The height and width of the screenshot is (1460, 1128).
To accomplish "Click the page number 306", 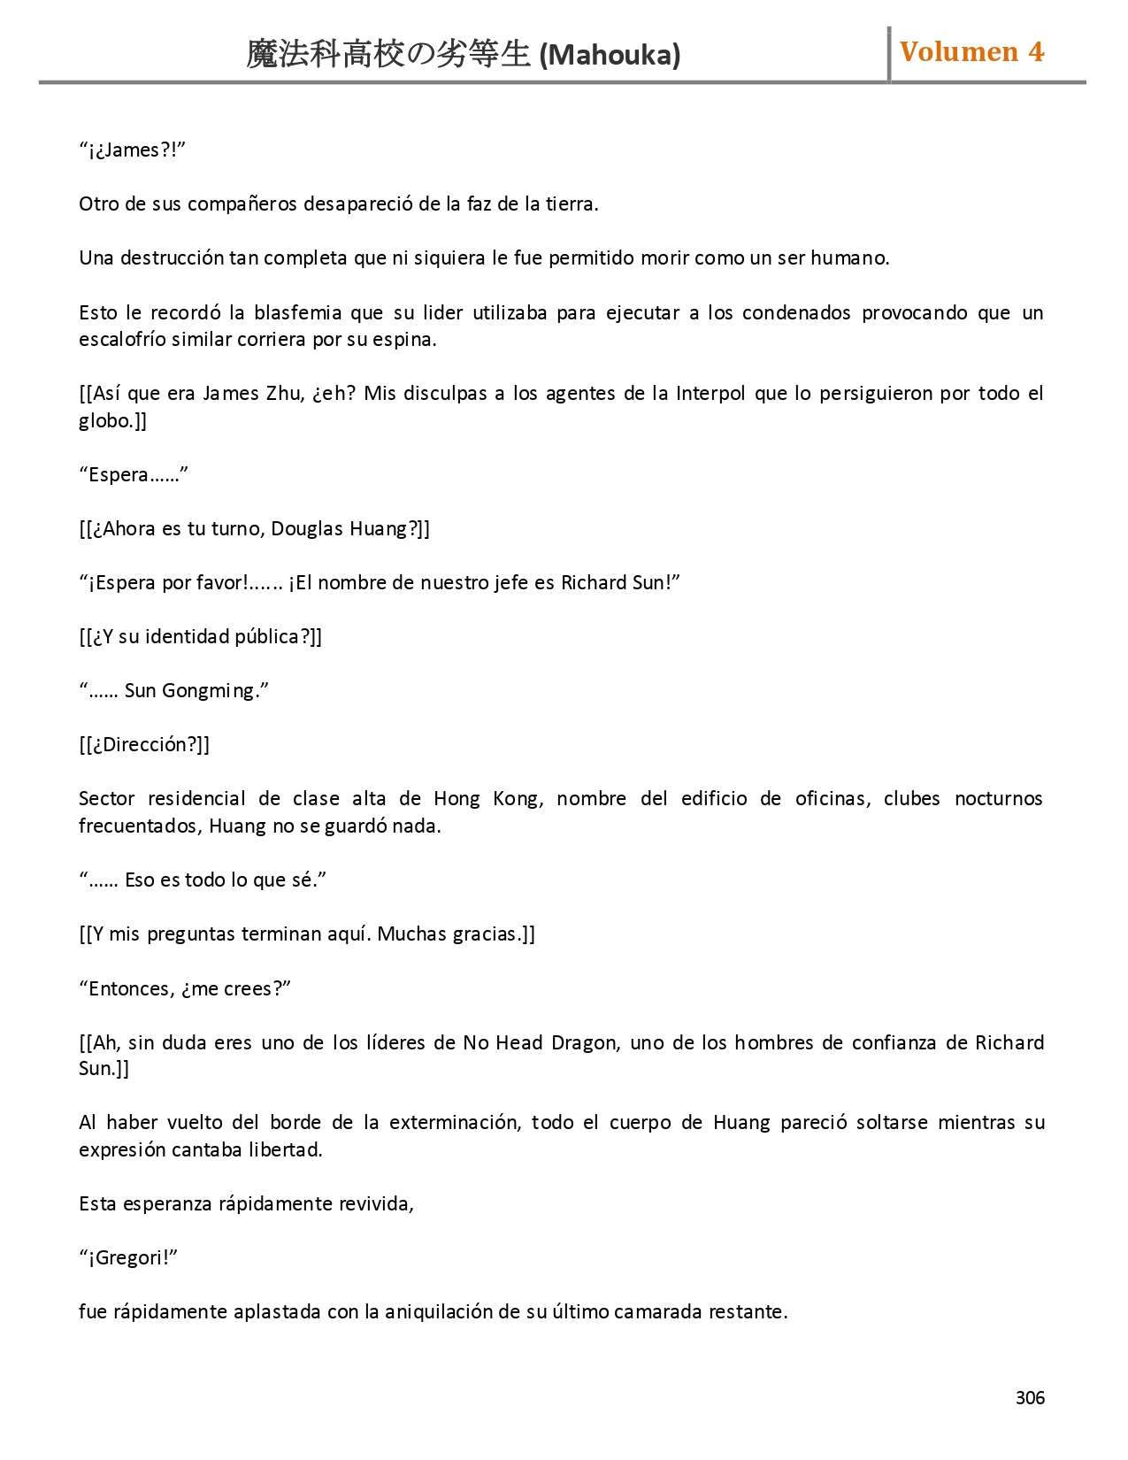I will coord(1030,1397).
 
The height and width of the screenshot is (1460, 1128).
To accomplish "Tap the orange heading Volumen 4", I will coord(971,52).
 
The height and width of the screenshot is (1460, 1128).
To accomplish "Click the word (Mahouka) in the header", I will coord(610,55).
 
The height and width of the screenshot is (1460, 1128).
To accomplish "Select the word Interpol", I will coord(710,393).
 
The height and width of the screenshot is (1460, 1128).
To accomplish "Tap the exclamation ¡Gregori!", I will coord(128,1257).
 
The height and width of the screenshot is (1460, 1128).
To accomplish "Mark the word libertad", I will coord(285,1149).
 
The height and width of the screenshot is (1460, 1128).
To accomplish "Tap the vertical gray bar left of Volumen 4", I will coord(888,54).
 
